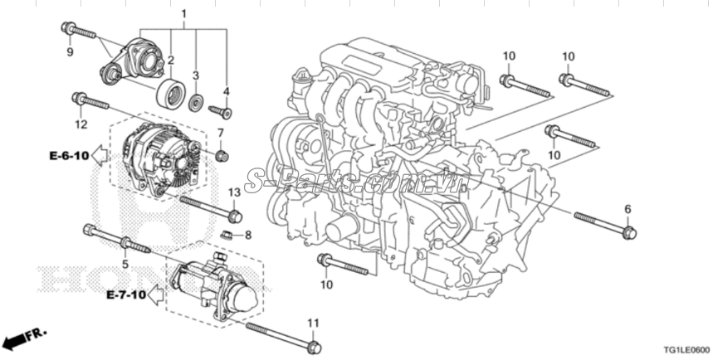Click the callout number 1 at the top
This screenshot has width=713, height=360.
tap(183, 14)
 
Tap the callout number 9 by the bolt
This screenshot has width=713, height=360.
tap(70, 51)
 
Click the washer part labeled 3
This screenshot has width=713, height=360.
tap(197, 103)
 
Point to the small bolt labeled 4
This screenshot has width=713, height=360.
tap(220, 110)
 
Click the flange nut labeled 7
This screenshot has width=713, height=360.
tap(221, 155)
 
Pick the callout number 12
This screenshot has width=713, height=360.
tap(81, 124)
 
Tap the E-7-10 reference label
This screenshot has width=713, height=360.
tap(126, 294)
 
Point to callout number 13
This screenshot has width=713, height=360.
tap(233, 192)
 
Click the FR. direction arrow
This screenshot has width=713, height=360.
tap(22, 338)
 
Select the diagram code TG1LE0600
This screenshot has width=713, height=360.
tap(685, 349)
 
